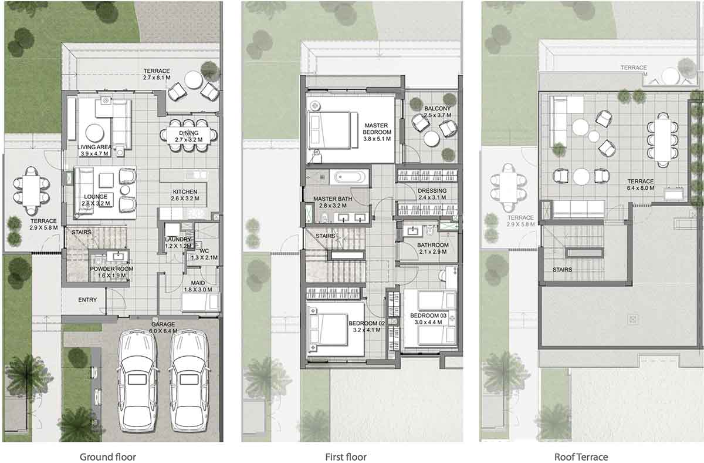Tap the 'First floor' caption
346,457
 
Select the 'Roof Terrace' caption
581,457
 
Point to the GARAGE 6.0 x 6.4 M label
163,327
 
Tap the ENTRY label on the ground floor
87,300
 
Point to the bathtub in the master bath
351,177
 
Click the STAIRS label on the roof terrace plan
563,270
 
